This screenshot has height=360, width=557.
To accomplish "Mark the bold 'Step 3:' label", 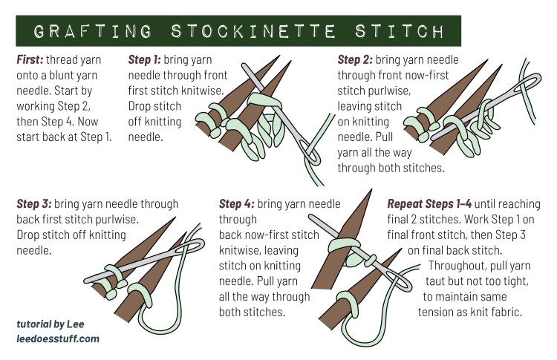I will [38, 203].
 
